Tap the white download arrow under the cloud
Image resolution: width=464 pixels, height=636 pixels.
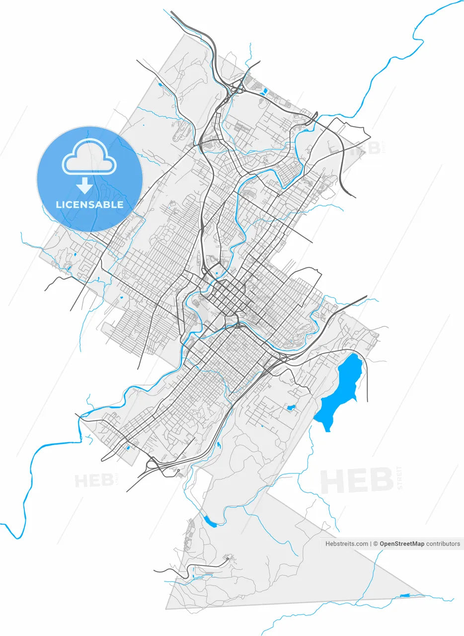(85, 185)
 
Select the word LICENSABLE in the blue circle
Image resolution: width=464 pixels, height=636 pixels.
(89, 205)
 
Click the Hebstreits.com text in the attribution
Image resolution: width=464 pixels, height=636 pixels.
(347, 544)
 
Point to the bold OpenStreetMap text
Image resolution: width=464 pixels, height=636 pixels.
(402, 544)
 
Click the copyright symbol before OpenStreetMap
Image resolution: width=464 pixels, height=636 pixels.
(376, 544)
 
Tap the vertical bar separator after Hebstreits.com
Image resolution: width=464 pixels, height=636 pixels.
(371, 544)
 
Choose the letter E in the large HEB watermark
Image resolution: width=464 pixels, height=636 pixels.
(360, 480)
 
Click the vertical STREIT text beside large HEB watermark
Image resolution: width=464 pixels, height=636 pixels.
(400, 478)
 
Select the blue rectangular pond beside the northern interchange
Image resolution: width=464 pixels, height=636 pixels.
(265, 91)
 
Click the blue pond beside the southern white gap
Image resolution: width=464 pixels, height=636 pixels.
(210, 521)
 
